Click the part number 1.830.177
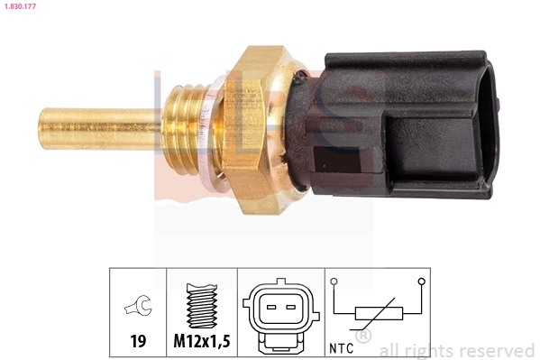pyautogui.click(x=20, y=7)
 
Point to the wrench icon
pyautogui.click(x=138, y=309)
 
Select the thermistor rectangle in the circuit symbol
pyautogui.click(x=378, y=314)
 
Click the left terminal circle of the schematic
pyautogui.click(x=335, y=282)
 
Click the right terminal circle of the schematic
pyautogui.click(x=421, y=282)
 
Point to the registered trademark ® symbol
pyautogui.click(x=363, y=337)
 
